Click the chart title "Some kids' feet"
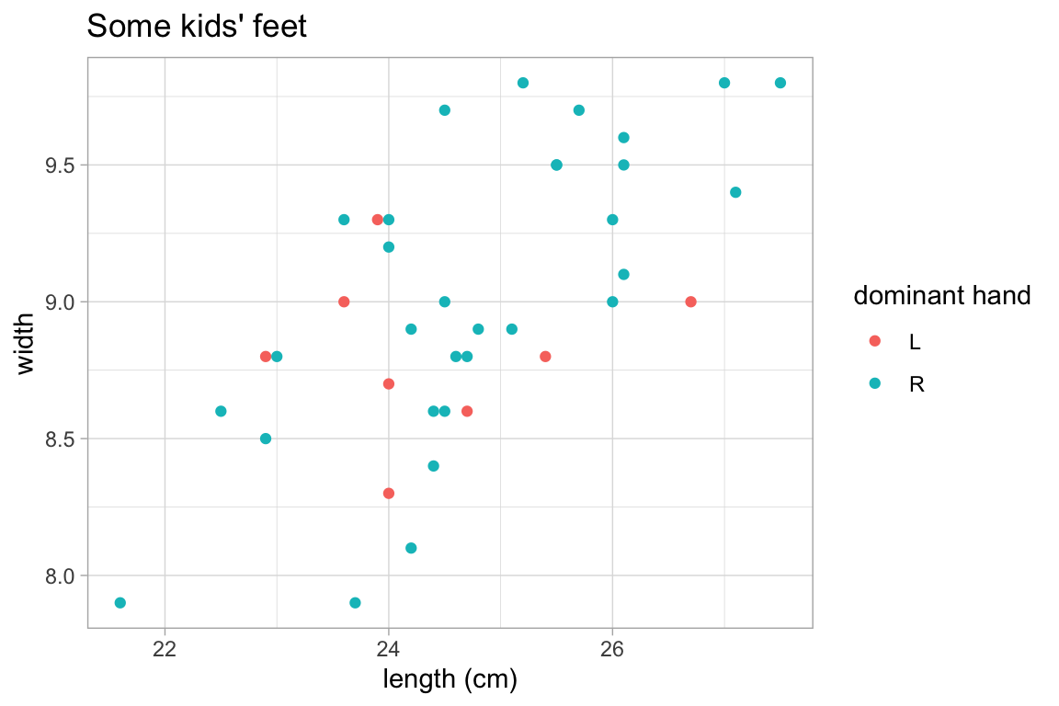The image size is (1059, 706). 196,28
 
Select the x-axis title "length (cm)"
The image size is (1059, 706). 450,680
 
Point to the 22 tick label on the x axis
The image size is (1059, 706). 165,649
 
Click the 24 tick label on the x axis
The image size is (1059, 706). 389,649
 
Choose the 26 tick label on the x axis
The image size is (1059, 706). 612,649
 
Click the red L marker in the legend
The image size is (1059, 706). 874,341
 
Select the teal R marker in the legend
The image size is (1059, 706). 874,383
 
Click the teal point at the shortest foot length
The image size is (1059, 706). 120,603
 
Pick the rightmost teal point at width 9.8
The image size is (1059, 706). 780,83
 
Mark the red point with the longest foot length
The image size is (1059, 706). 690,302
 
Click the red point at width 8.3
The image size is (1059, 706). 389,494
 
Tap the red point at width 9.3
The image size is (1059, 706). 377,220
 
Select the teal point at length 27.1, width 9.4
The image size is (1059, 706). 735,192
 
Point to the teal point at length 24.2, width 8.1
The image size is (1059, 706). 411,548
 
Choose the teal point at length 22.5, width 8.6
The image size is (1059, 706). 221,411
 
